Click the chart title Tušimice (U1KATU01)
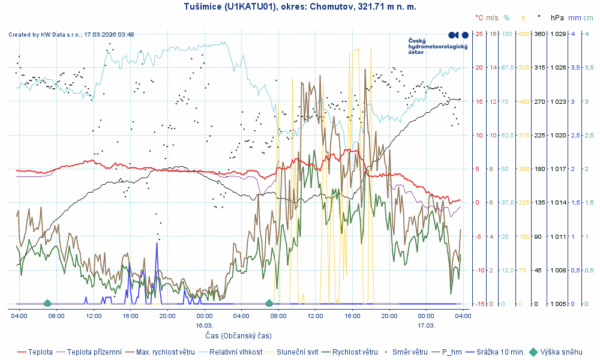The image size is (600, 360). coord(300,7)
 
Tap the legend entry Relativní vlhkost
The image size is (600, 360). coord(235,352)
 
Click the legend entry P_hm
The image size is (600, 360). coord(452,352)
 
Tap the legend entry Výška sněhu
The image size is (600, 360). coord(561,352)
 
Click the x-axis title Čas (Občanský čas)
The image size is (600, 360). coord(238,335)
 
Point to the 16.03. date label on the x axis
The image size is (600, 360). coord(205,325)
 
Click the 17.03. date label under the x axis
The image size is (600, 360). coord(427,325)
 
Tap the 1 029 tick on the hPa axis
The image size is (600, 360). coord(559,34)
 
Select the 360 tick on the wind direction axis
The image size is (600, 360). coord(539,34)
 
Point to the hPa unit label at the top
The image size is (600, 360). coord(557,18)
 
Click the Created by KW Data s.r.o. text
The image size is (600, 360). coord(71,35)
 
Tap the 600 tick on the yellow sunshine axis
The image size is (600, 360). coord(523,34)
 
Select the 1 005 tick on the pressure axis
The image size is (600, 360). coord(559,304)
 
